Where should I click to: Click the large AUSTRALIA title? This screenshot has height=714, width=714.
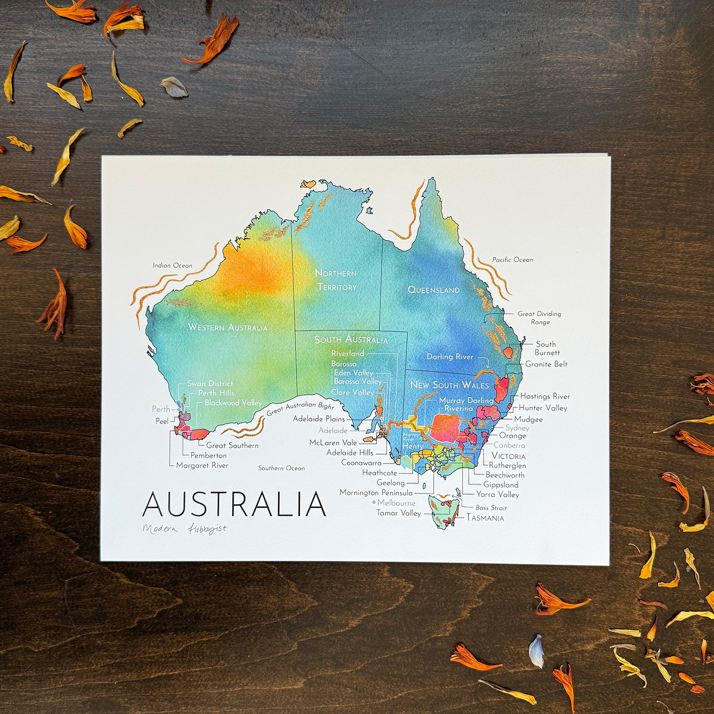234,504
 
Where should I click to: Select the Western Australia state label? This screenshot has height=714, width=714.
228,327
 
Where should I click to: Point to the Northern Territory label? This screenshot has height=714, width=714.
336,280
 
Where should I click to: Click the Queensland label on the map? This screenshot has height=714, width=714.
433,290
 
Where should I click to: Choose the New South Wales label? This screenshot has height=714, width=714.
449,385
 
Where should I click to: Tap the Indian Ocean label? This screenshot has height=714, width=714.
173,265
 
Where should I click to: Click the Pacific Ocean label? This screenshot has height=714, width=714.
512,260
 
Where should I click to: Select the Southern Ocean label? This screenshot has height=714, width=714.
281,468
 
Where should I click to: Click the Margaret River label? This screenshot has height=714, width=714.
202,466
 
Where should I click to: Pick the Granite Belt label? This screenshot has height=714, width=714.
546,364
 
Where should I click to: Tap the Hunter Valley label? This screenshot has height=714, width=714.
543,408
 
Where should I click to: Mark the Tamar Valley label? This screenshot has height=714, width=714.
399,513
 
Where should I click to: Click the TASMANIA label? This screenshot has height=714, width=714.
485,518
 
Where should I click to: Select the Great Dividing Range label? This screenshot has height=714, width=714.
539,318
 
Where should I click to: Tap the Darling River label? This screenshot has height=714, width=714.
450,357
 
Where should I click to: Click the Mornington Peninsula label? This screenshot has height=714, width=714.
376,493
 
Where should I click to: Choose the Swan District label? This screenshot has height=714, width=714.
210,383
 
